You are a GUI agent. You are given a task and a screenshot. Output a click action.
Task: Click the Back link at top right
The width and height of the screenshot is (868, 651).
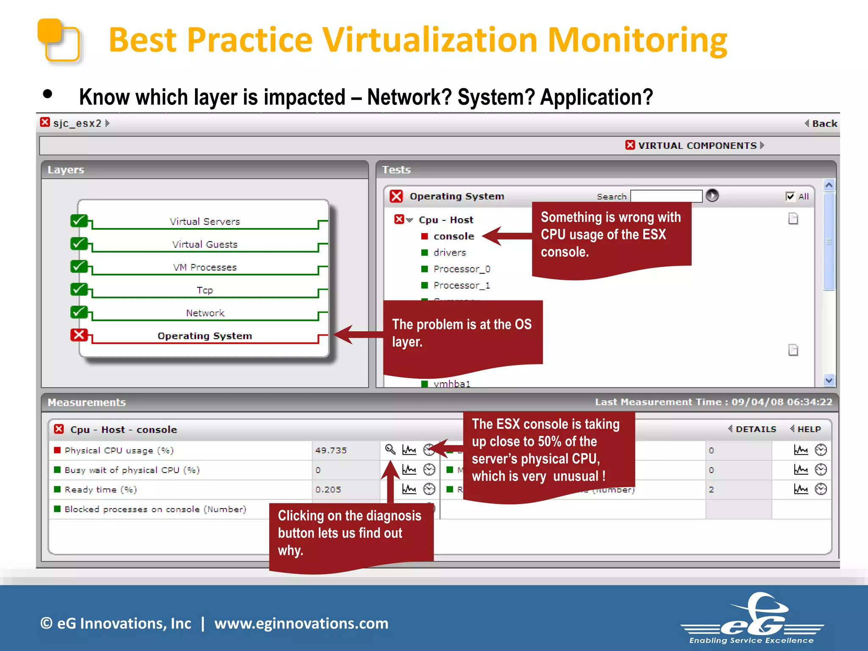824,124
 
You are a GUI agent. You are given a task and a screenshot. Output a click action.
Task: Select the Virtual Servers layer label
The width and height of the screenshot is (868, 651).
205,222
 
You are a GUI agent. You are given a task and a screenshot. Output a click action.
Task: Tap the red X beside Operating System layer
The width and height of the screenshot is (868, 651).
79,335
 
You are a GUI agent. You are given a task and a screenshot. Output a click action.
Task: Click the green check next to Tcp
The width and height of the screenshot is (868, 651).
79,289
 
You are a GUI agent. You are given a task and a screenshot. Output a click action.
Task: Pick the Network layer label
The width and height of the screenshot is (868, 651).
205,313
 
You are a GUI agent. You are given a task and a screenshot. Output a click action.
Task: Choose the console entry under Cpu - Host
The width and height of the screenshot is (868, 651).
453,236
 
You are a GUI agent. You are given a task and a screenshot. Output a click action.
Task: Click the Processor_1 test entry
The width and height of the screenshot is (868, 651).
462,286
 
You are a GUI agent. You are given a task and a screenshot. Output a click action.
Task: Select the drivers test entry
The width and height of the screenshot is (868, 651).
450,253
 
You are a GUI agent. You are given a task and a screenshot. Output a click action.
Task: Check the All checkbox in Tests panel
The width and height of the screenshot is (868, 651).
790,196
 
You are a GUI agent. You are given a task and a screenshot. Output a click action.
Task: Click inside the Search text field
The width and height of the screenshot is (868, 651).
666,196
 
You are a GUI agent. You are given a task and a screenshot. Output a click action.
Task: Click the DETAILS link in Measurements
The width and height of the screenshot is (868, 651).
756,429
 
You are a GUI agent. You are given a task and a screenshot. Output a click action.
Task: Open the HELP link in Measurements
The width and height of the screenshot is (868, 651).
809,429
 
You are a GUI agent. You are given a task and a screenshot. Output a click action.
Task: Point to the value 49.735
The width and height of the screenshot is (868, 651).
331,451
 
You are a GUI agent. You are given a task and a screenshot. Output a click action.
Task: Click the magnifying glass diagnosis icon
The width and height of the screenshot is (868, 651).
390,449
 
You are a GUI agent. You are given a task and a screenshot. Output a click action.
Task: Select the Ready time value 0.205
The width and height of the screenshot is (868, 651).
328,490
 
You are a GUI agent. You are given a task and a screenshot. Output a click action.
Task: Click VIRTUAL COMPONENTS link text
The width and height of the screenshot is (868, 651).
697,146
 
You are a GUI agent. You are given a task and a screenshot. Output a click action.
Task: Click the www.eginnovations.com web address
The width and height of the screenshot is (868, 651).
301,623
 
